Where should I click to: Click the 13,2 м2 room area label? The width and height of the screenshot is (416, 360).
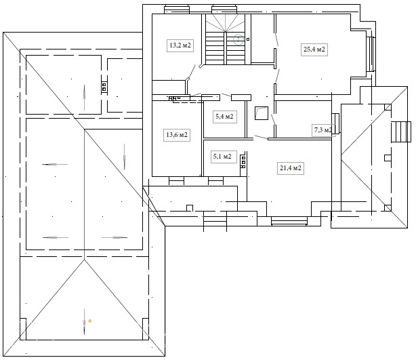[x=180, y=45]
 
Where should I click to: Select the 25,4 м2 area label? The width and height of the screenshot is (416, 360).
[x=314, y=49]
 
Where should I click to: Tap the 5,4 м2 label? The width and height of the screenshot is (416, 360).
[x=224, y=117]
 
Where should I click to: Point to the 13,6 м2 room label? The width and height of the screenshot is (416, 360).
[x=177, y=135]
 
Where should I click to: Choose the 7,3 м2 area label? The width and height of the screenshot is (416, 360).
[x=323, y=130]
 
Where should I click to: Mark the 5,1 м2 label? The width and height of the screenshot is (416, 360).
[x=222, y=157]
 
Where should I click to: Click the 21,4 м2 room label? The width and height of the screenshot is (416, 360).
[x=291, y=168]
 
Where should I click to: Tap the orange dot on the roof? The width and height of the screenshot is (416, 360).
[x=90, y=321]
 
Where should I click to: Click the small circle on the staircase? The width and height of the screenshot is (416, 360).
[x=238, y=39]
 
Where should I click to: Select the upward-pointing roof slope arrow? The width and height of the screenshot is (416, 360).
[x=85, y=97]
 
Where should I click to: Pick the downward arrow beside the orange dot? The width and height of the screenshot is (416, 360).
[x=85, y=321]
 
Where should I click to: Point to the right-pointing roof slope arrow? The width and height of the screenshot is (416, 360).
[x=115, y=237]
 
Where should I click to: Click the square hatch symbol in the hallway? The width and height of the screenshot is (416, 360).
[x=262, y=113]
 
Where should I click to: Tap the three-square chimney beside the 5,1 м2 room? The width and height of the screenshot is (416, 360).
[x=243, y=161]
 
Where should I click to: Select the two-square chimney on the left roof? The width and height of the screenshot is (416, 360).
[x=104, y=87]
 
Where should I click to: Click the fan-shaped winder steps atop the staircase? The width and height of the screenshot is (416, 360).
[x=225, y=23]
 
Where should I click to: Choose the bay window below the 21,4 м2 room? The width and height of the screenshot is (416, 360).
[x=289, y=221]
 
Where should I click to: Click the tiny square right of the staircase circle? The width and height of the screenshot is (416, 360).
[x=248, y=39]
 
